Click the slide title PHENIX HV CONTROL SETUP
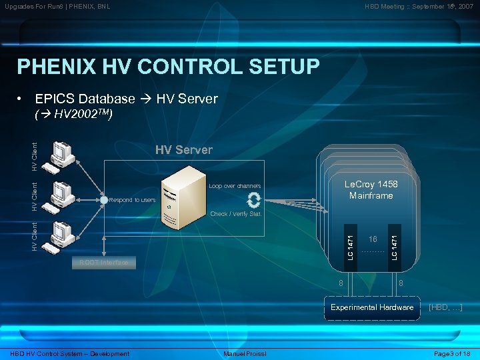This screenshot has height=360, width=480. click(x=168, y=67)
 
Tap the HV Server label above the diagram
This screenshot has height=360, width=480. click(x=184, y=149)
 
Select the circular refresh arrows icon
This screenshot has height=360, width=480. click(x=253, y=200)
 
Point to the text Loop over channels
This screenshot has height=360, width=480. click(x=235, y=186)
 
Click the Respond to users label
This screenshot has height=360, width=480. click(x=132, y=200)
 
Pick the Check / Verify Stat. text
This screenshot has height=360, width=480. click(x=236, y=214)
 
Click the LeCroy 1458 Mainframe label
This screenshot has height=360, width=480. click(x=371, y=190)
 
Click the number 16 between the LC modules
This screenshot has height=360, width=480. click(x=373, y=239)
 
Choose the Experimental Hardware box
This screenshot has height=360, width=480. click(x=373, y=307)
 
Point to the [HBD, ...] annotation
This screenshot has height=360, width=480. click(x=445, y=307)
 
